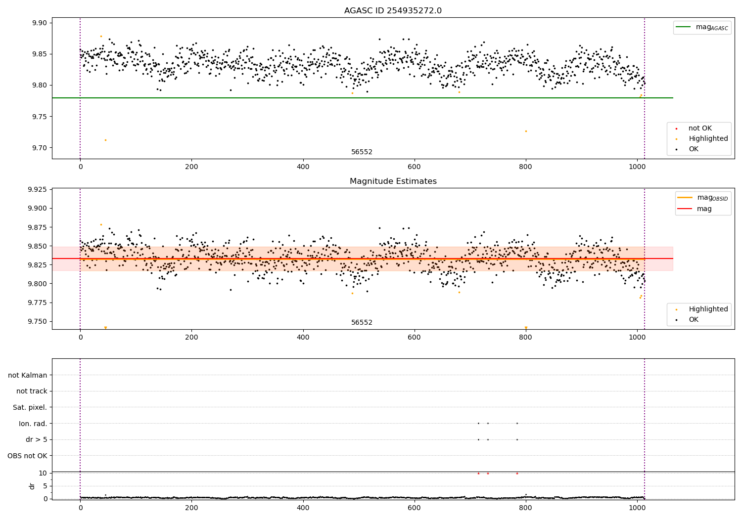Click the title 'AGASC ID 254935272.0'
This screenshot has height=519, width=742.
(393, 11)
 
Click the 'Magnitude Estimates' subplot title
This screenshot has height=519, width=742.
(393, 181)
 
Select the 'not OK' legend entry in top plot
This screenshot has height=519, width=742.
(700, 129)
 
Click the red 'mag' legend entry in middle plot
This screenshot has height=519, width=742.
(704, 209)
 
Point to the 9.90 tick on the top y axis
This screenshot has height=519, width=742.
(40, 23)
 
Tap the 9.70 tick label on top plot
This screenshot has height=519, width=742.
(40, 148)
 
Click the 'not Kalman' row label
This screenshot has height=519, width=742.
(28, 375)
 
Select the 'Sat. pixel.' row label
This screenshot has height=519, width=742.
(30, 407)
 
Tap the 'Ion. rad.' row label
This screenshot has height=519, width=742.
(33, 424)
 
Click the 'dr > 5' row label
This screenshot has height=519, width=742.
(37, 439)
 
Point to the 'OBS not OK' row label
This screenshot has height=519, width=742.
(27, 456)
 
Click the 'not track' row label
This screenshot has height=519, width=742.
(32, 391)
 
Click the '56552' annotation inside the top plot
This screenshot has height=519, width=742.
(362, 152)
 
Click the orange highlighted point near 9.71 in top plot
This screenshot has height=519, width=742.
(105, 140)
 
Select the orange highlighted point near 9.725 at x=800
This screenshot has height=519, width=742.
(526, 131)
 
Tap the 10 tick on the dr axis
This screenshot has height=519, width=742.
(43, 473)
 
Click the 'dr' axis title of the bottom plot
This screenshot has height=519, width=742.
(32, 486)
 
